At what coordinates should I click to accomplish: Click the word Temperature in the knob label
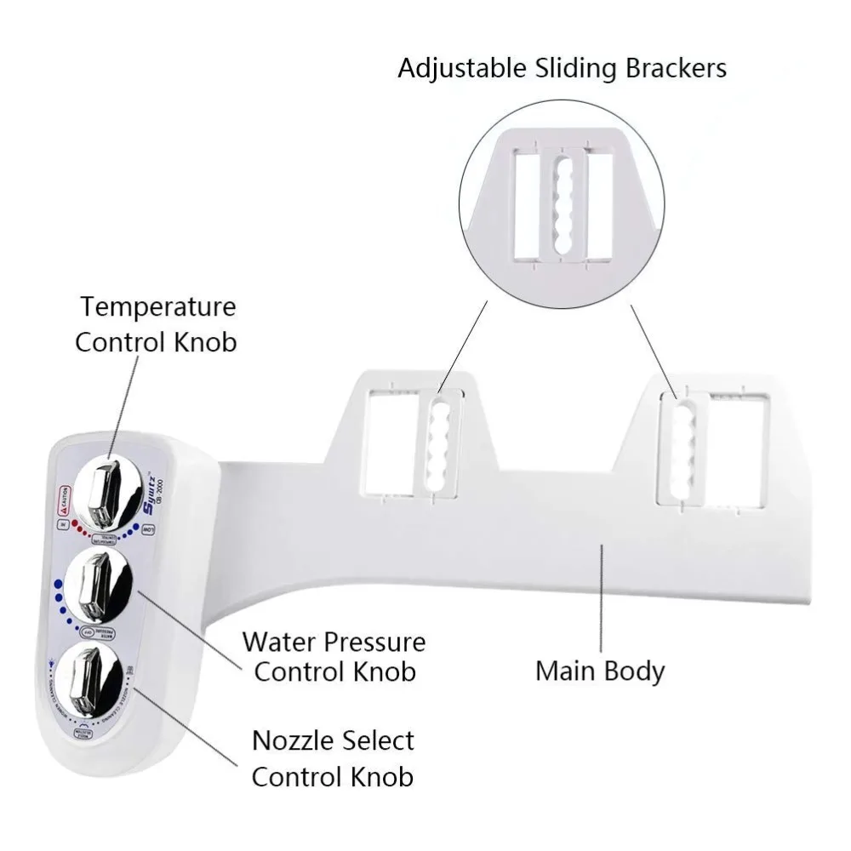click(157, 306)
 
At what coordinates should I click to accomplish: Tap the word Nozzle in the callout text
click(290, 740)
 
